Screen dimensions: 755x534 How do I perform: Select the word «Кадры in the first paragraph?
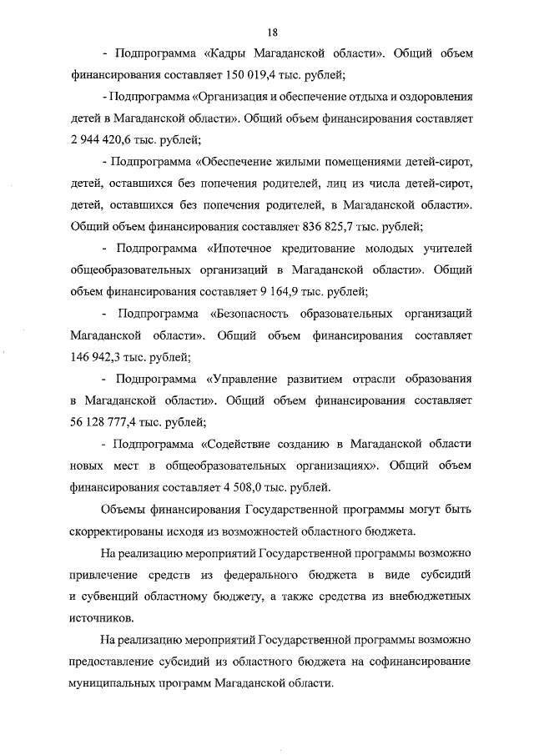click(x=228, y=53)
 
